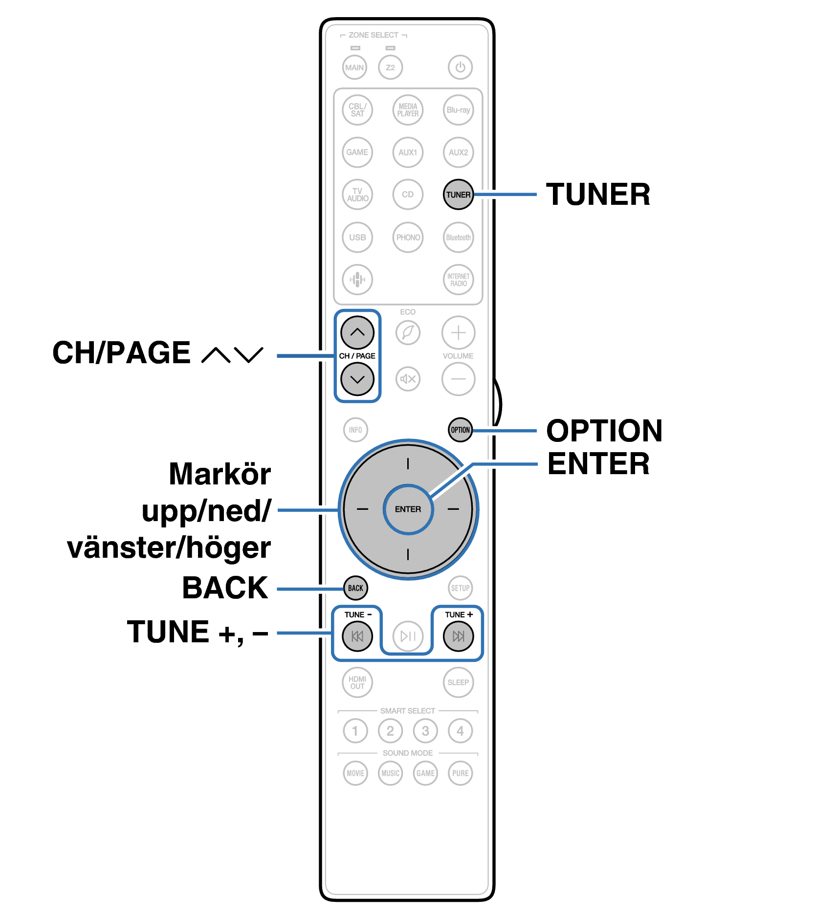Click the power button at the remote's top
tap(460, 67)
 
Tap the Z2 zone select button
tap(390, 67)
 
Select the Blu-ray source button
tap(458, 110)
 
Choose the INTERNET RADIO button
tap(458, 280)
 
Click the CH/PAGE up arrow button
tap(357, 332)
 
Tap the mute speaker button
tap(408, 379)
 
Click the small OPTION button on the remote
tap(460, 430)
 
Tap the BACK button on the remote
tap(355, 588)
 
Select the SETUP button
tap(460, 588)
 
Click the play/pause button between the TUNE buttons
tap(408, 636)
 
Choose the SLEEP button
tap(458, 682)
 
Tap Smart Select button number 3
tap(425, 731)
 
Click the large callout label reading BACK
tap(225, 588)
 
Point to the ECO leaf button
tap(408, 332)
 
